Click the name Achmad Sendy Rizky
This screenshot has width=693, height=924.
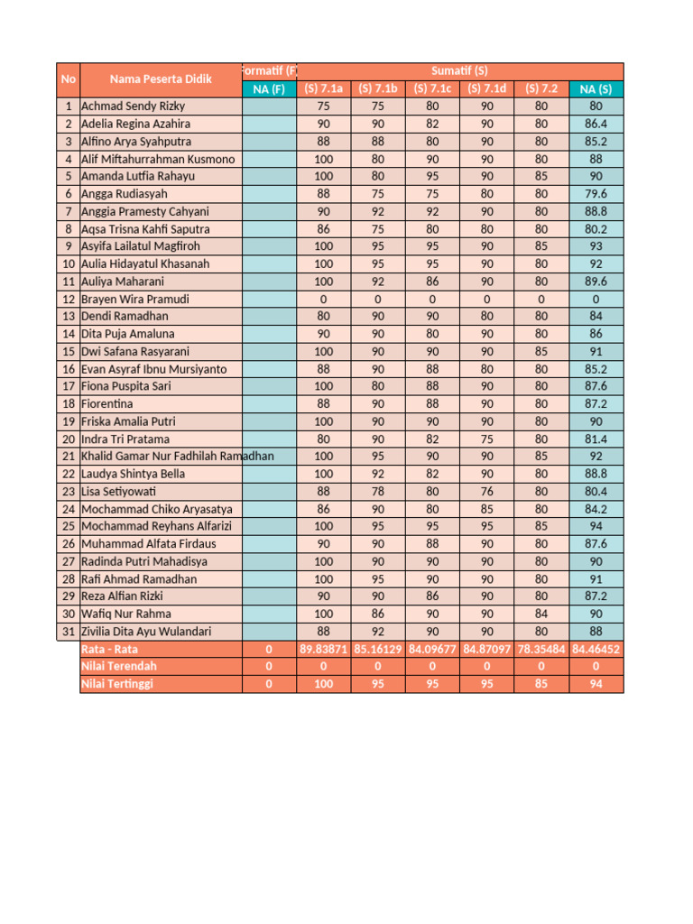click(x=133, y=106)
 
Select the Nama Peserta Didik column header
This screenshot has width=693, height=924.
click(x=161, y=79)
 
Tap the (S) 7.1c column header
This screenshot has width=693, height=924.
click(x=432, y=88)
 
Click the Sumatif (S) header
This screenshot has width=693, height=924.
click(x=459, y=70)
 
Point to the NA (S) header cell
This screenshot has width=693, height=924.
click(x=596, y=88)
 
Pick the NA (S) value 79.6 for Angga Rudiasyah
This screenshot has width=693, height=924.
click(x=596, y=194)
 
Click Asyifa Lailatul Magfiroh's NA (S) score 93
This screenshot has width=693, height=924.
click(x=596, y=246)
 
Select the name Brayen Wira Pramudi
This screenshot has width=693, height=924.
click(x=135, y=299)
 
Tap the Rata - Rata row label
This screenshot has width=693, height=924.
click(x=110, y=649)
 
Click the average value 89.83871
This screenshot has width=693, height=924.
click(x=323, y=649)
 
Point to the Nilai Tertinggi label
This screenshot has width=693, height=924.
click(x=117, y=684)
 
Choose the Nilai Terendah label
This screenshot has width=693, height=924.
click(x=118, y=666)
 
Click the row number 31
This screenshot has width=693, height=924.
click(x=69, y=632)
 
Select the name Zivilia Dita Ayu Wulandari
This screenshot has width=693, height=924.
click(x=148, y=632)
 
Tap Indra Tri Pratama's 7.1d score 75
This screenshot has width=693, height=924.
click(x=487, y=439)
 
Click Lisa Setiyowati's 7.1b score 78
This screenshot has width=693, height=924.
click(x=378, y=492)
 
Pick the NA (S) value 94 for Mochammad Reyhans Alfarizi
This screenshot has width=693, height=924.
click(x=596, y=526)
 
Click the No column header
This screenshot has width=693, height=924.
click(x=69, y=79)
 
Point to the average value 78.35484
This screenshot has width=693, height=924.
click(x=541, y=649)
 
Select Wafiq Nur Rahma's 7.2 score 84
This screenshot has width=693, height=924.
click(x=541, y=614)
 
